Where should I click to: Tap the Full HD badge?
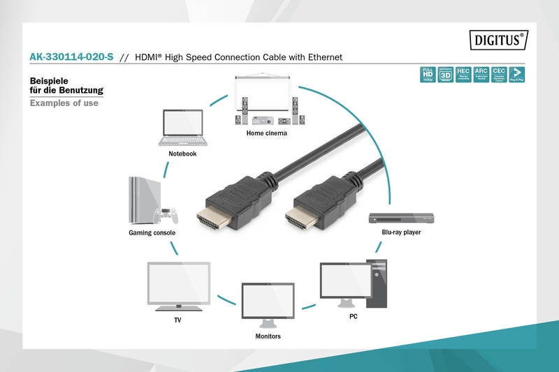point(426,75)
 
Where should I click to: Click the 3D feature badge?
point(444,75)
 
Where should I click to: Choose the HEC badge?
point(463,75)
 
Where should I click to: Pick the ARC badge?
point(481,75)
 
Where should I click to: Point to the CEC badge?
point(499,75)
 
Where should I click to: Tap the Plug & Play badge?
point(517,75)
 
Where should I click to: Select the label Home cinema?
point(266,133)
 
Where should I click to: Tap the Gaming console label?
point(152,232)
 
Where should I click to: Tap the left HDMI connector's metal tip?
point(212,222)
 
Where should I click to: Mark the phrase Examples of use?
point(64,103)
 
